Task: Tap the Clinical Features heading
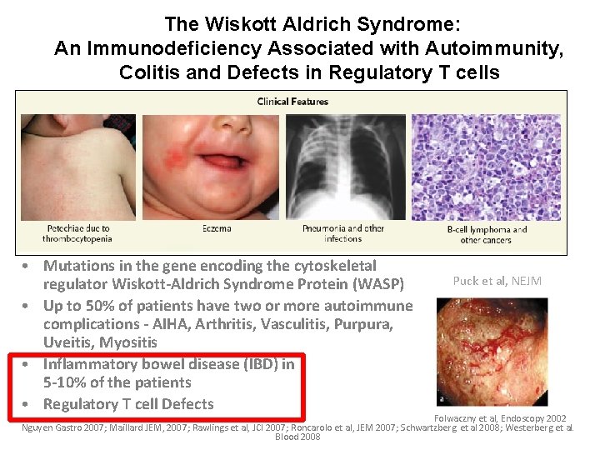click(292, 102)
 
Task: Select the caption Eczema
click(217, 228)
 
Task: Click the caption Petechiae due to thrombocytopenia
click(78, 234)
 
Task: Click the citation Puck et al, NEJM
click(497, 281)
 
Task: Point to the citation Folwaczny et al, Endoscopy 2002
click(500, 417)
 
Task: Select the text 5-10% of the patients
click(117, 382)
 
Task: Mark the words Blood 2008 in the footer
click(297, 437)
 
